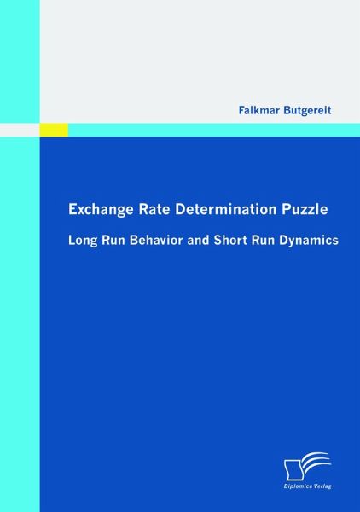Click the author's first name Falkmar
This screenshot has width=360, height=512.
(258, 110)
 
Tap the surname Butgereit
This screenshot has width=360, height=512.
(307, 110)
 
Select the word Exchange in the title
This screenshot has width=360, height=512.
(101, 210)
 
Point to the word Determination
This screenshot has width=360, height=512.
(224, 210)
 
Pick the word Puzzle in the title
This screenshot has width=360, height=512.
(303, 210)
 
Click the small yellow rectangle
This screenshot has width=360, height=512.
(54, 130)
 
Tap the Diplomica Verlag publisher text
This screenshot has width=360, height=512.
(308, 486)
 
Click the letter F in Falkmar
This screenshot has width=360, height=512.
(241, 110)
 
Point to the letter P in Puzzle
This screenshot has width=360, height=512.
(282, 210)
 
